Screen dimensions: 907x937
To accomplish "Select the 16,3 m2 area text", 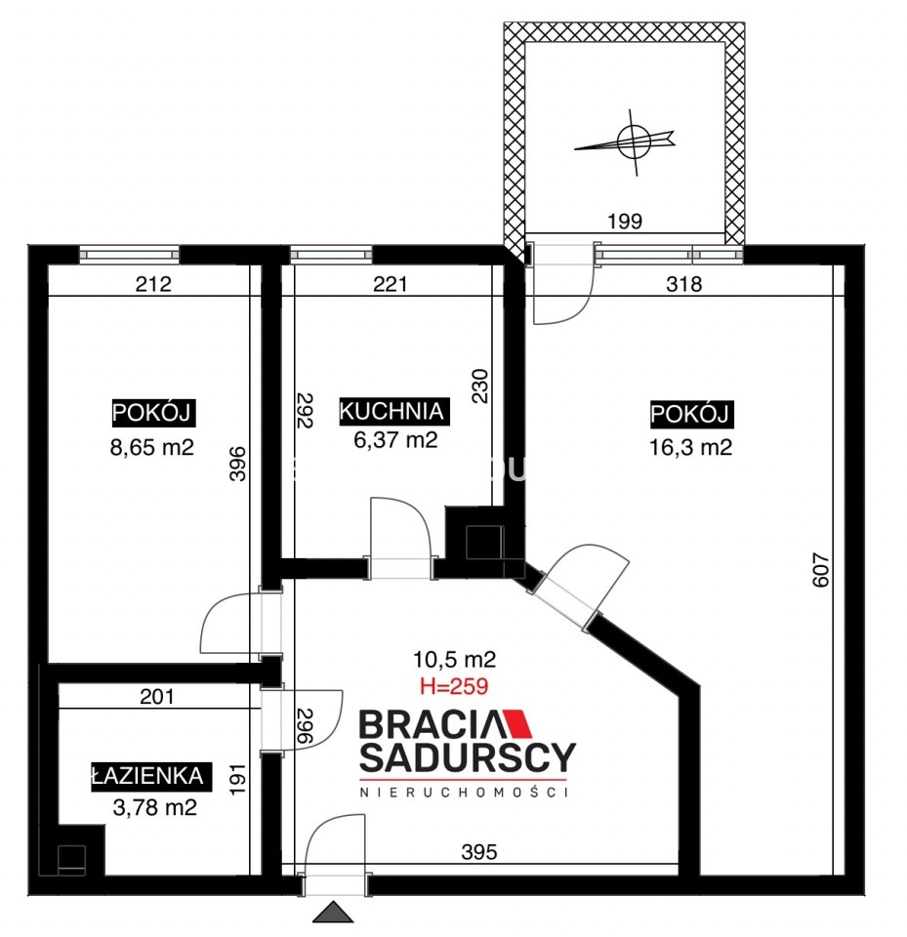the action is pos(690,447).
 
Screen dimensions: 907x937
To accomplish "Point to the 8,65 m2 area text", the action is pos(152,447).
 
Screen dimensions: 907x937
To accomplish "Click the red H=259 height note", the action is pos(454,686).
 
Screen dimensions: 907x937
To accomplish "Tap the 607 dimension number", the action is pos(822,570).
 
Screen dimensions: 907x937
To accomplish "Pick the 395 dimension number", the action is pos(479,851).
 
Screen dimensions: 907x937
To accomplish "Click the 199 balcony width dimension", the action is pos(625,222).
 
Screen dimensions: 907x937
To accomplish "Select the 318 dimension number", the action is pos(684,283).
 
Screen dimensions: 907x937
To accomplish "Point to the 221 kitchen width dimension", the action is pos(390,283).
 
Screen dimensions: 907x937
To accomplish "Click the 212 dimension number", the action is pos(153,283).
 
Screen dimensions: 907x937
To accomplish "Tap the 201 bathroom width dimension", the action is pos(156,696).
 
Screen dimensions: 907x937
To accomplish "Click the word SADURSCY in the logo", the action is pos(468,756).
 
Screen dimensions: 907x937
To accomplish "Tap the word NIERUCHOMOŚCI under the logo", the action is pos(464,793).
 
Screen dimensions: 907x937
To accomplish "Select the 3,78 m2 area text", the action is pos(155,808).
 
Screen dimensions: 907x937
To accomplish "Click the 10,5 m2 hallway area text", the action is pos(454,659).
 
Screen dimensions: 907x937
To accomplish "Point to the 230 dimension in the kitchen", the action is pos(480,387).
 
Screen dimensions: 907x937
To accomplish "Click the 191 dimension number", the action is pos(238,779).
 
